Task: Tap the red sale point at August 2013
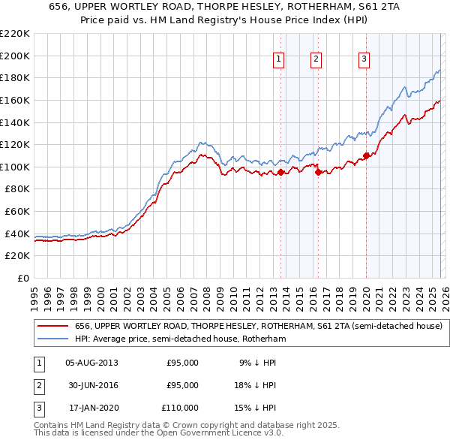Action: (x=280, y=172)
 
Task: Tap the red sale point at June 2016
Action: (x=319, y=172)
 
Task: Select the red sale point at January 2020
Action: (x=366, y=155)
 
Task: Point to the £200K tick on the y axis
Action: (x=16, y=56)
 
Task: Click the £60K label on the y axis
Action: (x=16, y=212)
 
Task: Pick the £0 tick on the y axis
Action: (x=22, y=279)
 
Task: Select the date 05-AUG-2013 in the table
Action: (x=91, y=363)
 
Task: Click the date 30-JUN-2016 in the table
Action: (x=91, y=385)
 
